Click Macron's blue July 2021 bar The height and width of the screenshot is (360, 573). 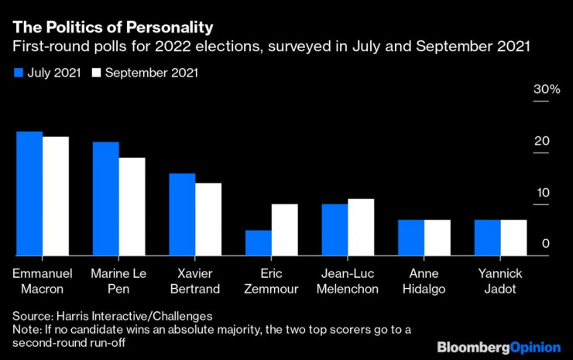click(29, 194)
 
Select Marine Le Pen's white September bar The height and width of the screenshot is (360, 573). click(132, 207)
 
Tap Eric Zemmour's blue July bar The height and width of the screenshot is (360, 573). click(259, 243)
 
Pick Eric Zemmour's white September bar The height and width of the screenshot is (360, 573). click(284, 230)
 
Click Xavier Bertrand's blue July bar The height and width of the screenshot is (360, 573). click(182, 214)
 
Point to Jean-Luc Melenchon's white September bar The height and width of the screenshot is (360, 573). click(361, 228)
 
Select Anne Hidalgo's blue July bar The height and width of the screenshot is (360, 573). click(411, 238)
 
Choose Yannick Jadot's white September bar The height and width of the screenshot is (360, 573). click(513, 238)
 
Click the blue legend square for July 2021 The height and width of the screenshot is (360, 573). click(19, 74)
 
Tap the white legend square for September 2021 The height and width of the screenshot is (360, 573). click(97, 74)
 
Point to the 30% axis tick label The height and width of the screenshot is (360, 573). click(545, 90)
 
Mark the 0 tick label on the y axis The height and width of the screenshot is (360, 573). click(546, 244)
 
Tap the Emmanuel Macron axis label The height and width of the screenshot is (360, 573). click(43, 282)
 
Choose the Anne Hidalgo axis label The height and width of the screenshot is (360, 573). click(424, 282)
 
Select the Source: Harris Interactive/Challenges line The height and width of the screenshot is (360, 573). click(112, 316)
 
